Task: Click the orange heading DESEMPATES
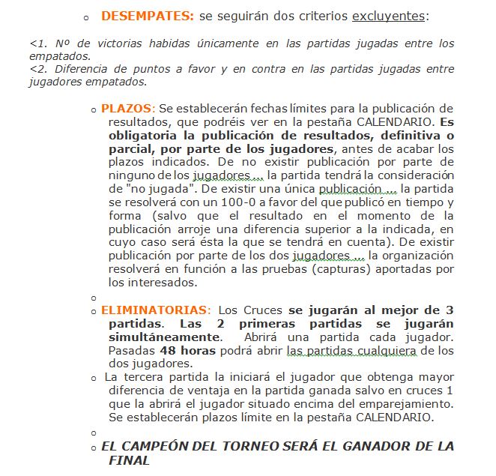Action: [148, 16]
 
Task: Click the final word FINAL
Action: [129, 460]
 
